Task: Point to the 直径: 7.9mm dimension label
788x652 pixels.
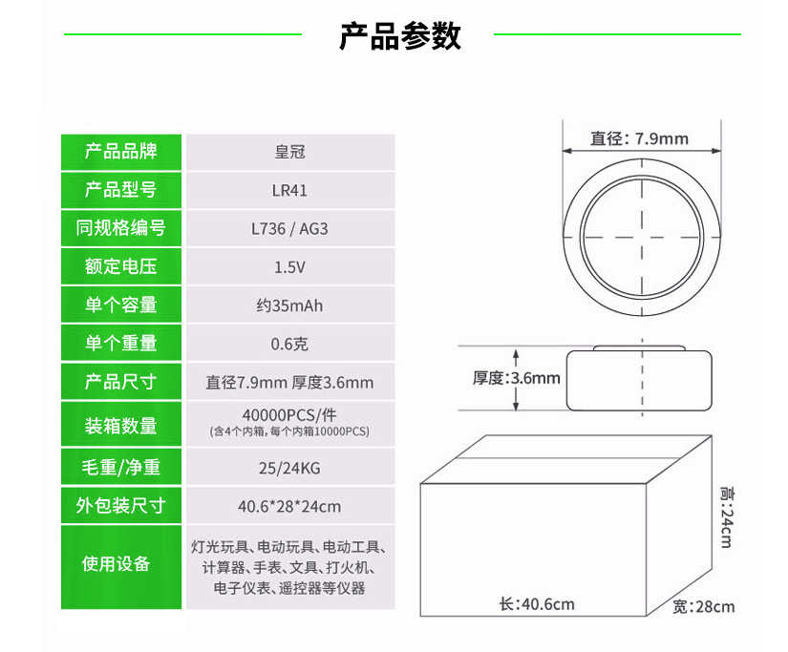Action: coord(638,138)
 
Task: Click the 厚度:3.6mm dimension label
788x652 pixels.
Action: coord(516,378)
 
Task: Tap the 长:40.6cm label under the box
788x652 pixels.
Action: coord(537,604)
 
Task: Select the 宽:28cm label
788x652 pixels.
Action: coord(703,607)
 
